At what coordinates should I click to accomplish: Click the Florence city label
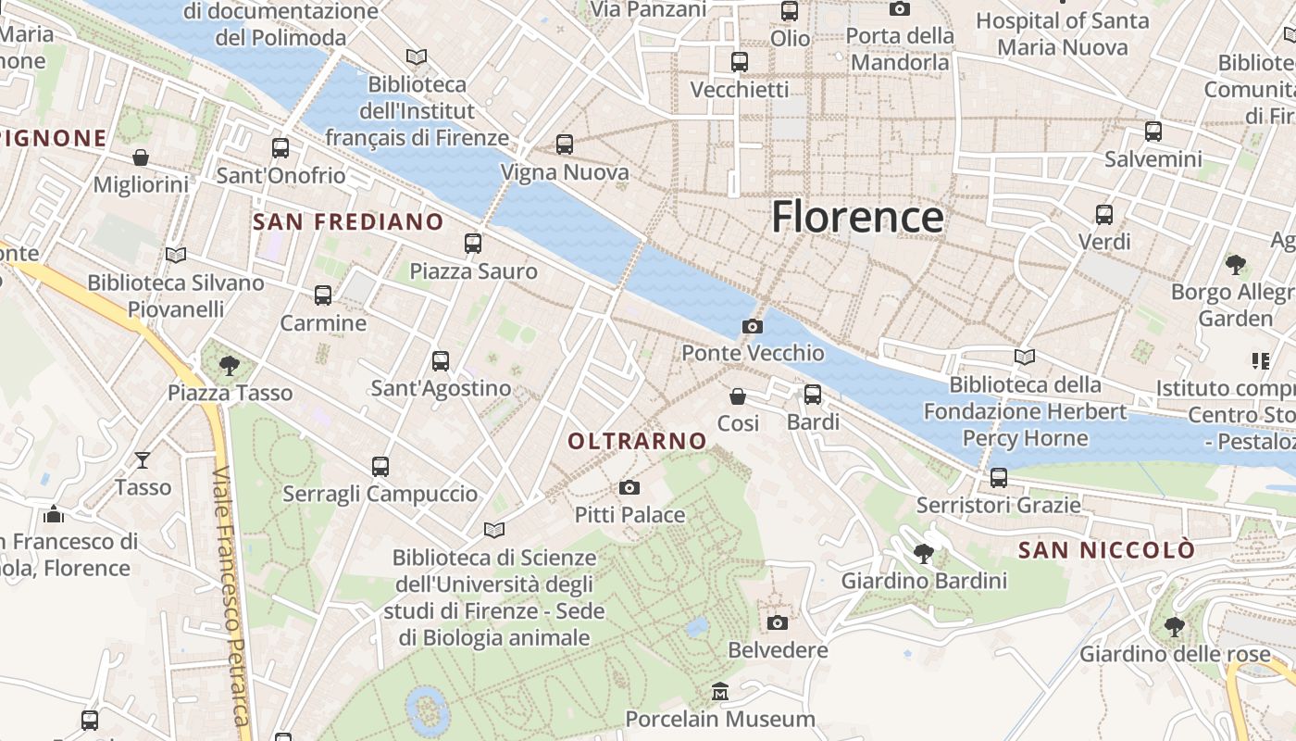(857, 217)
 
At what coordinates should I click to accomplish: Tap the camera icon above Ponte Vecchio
(753, 326)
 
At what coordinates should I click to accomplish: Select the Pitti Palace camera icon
(629, 487)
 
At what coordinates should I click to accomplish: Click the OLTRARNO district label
(637, 442)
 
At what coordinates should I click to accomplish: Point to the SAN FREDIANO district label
(348, 221)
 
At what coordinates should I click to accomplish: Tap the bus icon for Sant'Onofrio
(280, 147)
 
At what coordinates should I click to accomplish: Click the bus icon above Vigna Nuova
(565, 144)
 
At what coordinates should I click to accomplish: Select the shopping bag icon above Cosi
(738, 396)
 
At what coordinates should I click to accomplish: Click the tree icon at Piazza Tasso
(230, 366)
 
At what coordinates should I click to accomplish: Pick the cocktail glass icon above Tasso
(143, 459)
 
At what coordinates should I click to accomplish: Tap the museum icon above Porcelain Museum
(720, 691)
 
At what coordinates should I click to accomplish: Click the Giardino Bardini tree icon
(923, 554)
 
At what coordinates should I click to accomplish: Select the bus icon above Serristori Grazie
(998, 478)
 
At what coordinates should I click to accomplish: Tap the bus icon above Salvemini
(1153, 132)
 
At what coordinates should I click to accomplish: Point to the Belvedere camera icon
(778, 622)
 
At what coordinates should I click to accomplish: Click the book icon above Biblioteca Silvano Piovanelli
(175, 255)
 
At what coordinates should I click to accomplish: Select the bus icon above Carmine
(323, 295)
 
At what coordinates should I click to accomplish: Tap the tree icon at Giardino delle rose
(1175, 627)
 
